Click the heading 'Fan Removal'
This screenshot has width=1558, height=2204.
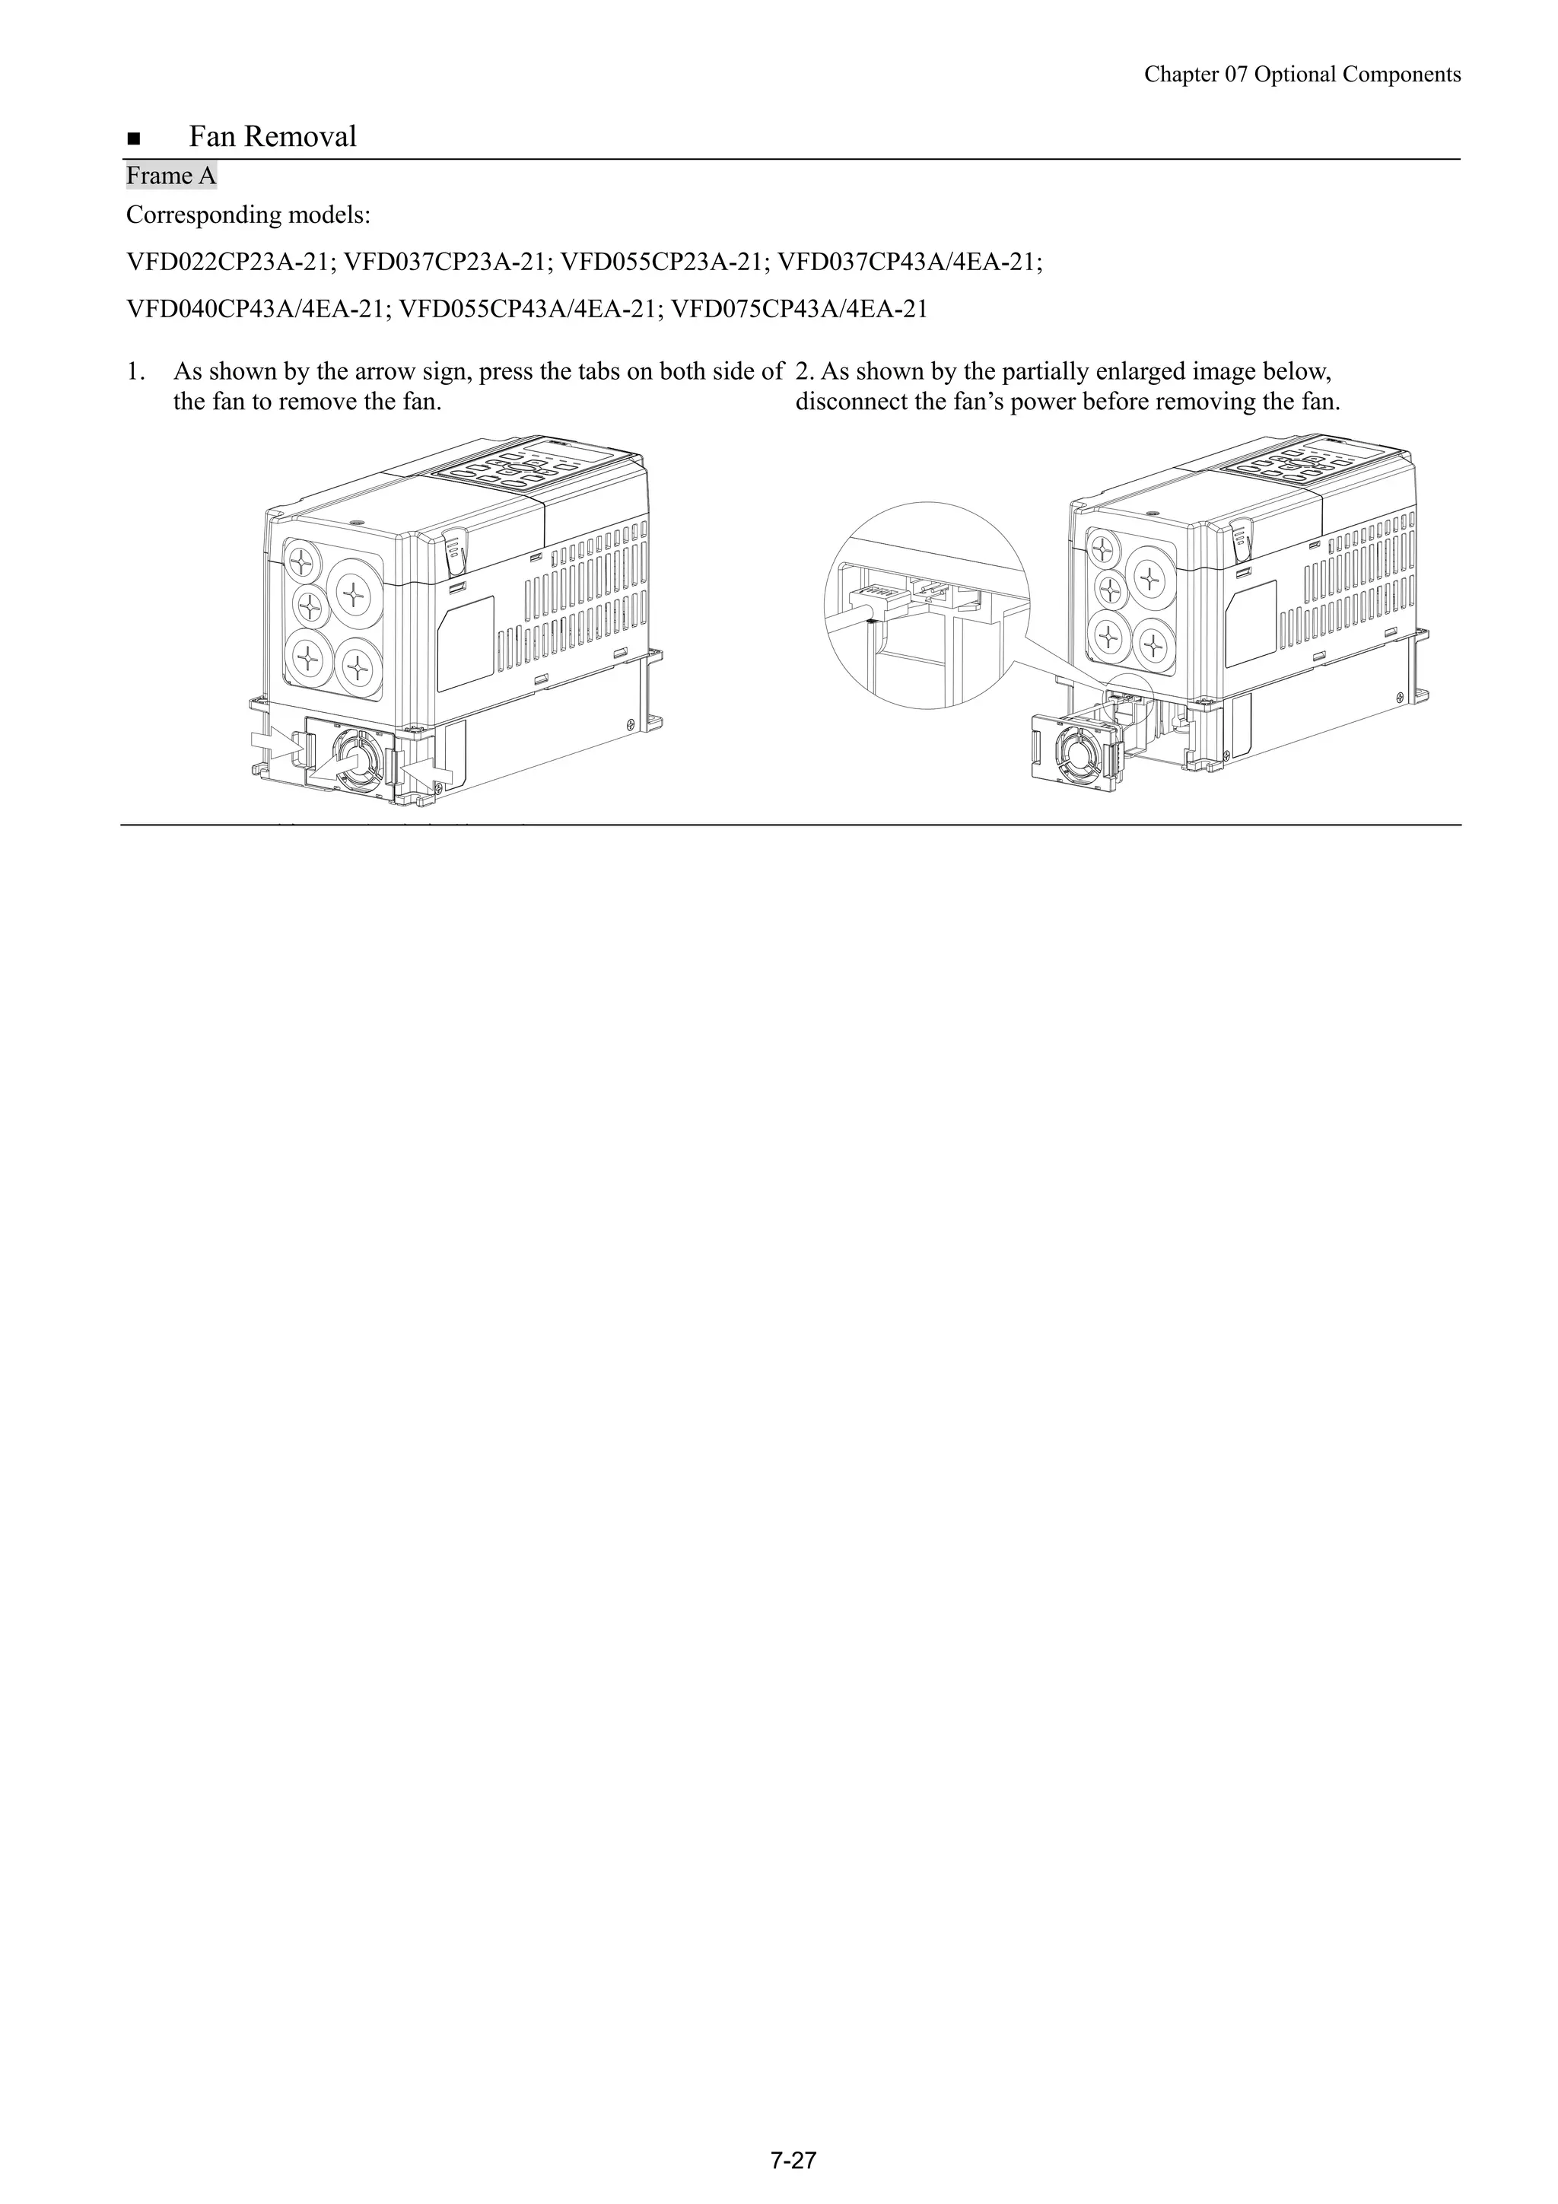(x=272, y=137)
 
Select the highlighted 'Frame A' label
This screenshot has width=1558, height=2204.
(x=171, y=177)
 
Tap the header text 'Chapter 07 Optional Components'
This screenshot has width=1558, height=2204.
(x=1302, y=75)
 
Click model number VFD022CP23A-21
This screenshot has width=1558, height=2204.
(x=230, y=261)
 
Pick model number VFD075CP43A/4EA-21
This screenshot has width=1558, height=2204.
(x=799, y=309)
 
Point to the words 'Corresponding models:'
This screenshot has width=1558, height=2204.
(x=246, y=215)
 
